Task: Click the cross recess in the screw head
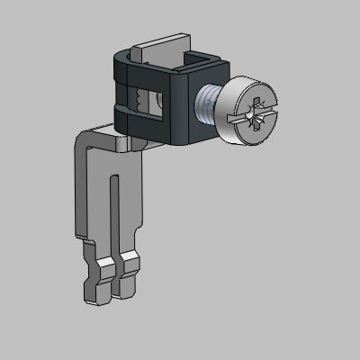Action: click(255, 114)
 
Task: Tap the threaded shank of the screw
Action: click(210, 106)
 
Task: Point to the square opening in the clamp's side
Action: click(149, 100)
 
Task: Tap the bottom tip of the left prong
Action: click(94, 294)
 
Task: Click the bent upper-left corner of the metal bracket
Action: click(83, 135)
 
